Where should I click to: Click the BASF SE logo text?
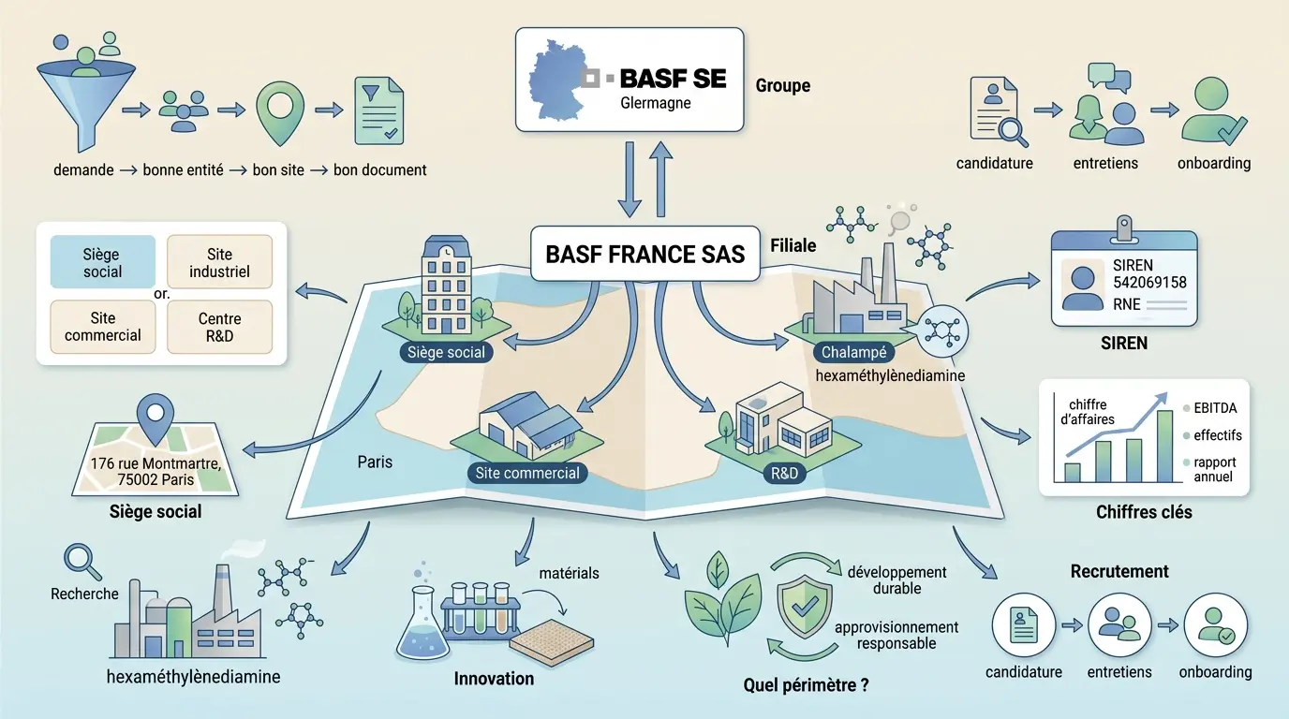673,78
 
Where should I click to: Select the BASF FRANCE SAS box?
644,253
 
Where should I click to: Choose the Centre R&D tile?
219,327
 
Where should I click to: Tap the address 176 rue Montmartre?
156,463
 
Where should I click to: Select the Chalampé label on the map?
852,353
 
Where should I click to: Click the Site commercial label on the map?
527,473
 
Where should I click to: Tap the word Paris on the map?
375,462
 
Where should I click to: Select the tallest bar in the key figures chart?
1164,446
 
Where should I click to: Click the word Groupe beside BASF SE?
782,86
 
